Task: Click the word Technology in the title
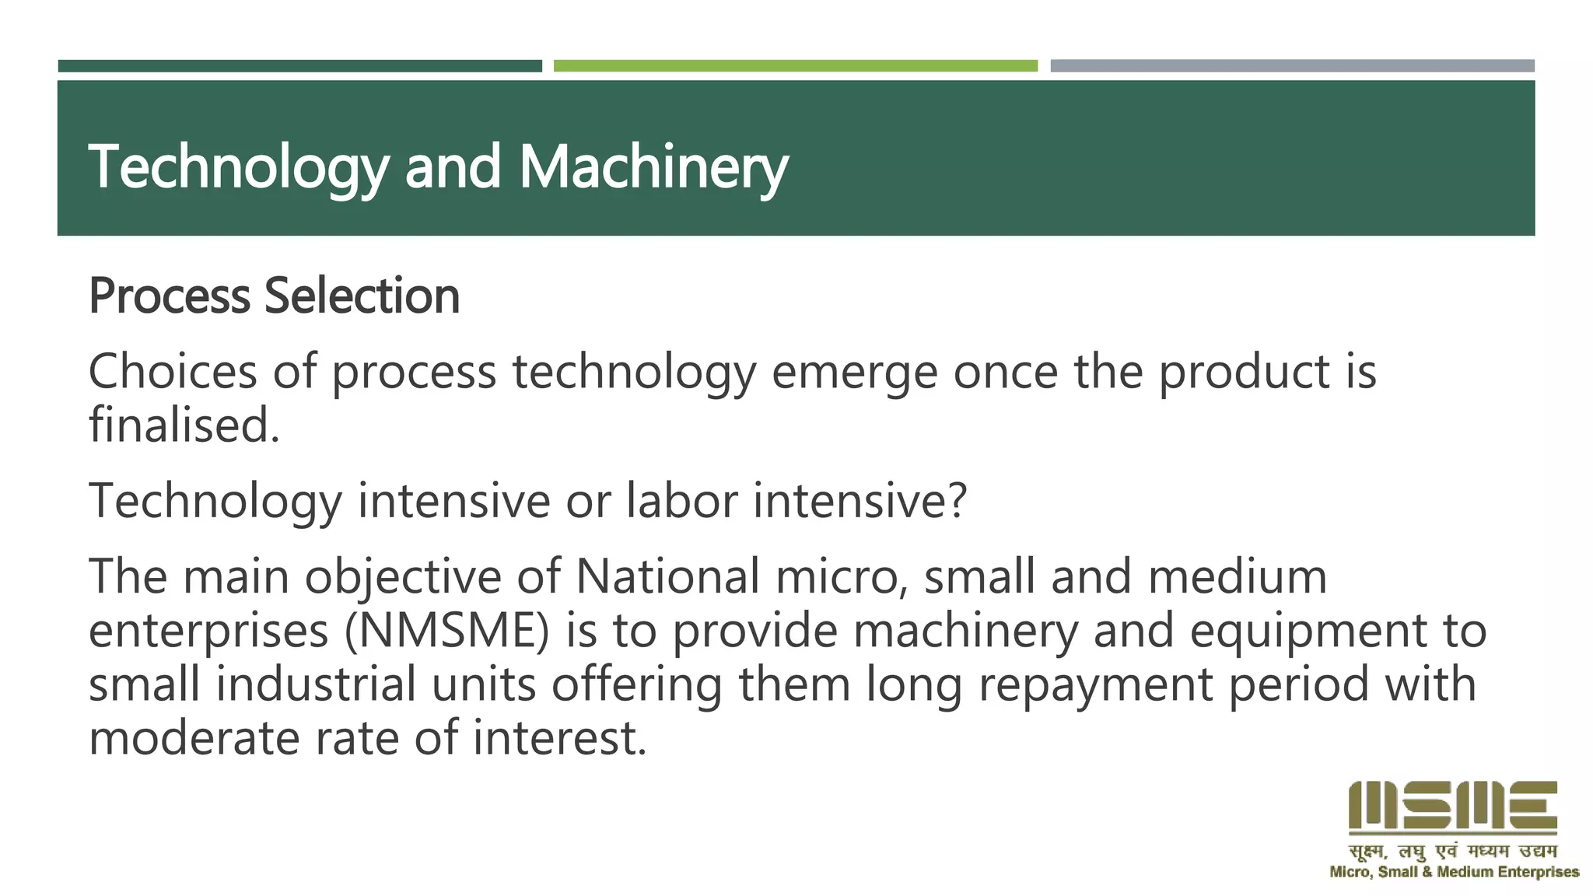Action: click(238, 167)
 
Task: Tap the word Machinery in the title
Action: click(653, 167)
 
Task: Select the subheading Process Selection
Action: click(274, 296)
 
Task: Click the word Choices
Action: click(173, 371)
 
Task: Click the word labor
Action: click(681, 500)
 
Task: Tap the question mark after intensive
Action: click(957, 500)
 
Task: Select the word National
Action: click(667, 576)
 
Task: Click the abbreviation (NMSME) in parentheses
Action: click(446, 630)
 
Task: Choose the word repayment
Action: click(1095, 685)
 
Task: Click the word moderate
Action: click(194, 737)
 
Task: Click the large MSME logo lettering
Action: click(1452, 807)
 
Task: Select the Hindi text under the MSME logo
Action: click(1452, 851)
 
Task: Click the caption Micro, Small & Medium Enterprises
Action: click(1454, 872)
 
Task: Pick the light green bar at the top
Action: click(795, 66)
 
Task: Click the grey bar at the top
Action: click(1292, 66)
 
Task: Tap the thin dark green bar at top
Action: click(299, 66)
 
